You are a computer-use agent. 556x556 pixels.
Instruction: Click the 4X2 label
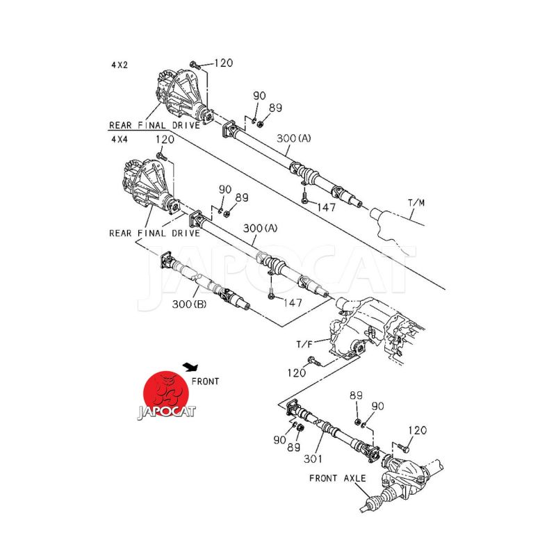click(x=120, y=65)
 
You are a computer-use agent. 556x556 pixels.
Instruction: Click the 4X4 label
click(x=120, y=140)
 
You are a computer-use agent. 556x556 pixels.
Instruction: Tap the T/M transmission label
click(x=416, y=203)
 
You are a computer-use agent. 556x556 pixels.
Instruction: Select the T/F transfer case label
click(x=304, y=344)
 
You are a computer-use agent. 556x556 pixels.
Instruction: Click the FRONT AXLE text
click(x=337, y=478)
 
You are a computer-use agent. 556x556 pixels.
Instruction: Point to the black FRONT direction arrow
click(x=190, y=367)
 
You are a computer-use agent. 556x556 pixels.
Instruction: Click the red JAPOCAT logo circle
click(x=166, y=393)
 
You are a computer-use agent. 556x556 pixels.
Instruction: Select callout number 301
click(x=313, y=459)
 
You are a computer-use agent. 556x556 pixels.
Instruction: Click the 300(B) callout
click(x=189, y=304)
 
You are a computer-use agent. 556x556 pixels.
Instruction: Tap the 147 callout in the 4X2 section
click(x=326, y=207)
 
